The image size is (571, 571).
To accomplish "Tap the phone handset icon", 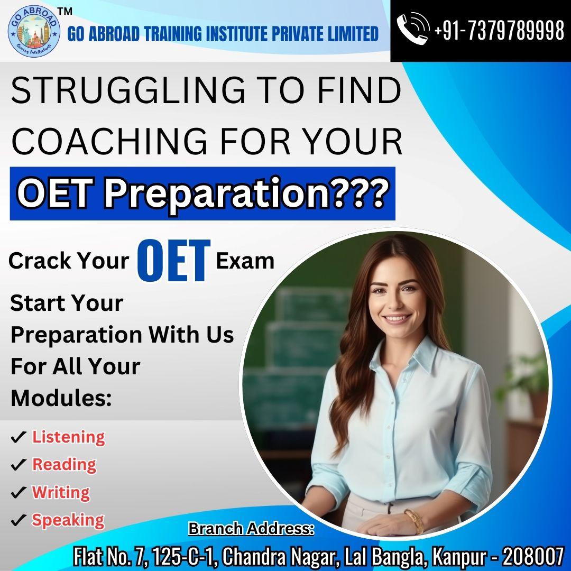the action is [412, 29].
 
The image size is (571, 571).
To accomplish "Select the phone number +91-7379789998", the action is [499, 30].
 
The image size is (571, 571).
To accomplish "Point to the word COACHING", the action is [109, 141].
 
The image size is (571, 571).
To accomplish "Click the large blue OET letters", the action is [174, 260].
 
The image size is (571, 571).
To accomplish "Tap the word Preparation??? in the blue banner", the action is [244, 194].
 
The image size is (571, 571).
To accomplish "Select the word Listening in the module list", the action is [68, 437].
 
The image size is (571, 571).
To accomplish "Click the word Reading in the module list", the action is [64, 464].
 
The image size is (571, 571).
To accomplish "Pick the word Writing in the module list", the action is [61, 492].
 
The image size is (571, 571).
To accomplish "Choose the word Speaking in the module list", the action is [68, 520].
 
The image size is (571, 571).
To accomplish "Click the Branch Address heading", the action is [251, 529].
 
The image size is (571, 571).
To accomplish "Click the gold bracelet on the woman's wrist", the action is [413, 521].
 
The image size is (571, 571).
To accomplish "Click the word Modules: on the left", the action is [61, 398].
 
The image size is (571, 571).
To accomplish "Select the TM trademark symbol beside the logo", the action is [65, 12].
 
